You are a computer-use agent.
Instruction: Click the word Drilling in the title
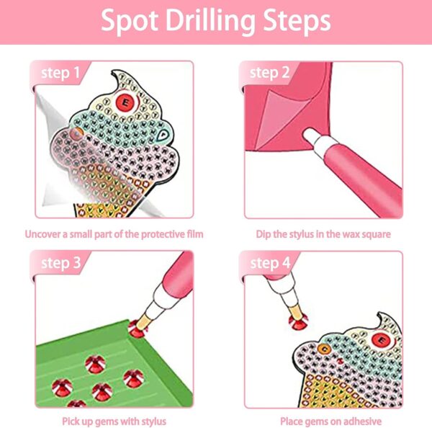[210, 22]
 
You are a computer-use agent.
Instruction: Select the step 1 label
[60, 73]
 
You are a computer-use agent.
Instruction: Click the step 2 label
[270, 73]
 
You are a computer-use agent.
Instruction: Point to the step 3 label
[61, 263]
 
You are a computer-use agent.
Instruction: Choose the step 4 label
[270, 263]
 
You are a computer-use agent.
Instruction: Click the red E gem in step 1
[125, 102]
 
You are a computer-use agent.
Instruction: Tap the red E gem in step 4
[382, 340]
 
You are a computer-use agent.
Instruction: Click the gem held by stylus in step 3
[137, 330]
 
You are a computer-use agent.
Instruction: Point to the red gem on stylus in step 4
[298, 321]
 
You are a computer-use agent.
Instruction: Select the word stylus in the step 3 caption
[153, 422]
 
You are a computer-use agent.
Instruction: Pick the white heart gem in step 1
[163, 135]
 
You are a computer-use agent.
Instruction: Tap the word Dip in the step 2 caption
[264, 234]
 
